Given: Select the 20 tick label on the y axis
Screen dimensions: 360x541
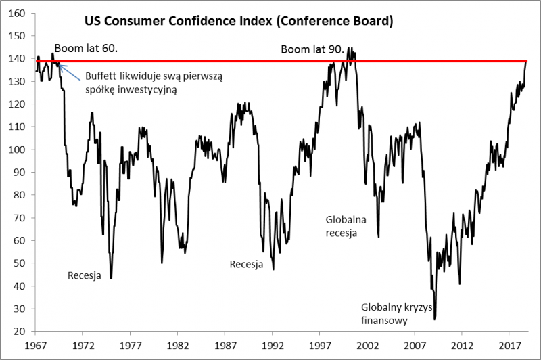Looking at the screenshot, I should [21, 332].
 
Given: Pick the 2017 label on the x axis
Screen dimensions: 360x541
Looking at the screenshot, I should [509, 345].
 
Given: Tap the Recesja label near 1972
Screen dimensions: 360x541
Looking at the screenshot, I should [84, 275].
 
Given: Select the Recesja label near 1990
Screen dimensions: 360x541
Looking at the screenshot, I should [246, 264].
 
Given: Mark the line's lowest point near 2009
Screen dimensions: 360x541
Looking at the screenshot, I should [435, 318].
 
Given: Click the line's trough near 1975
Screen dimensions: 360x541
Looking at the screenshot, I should [111, 278].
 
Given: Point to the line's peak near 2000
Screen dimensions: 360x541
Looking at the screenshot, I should [349, 48].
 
